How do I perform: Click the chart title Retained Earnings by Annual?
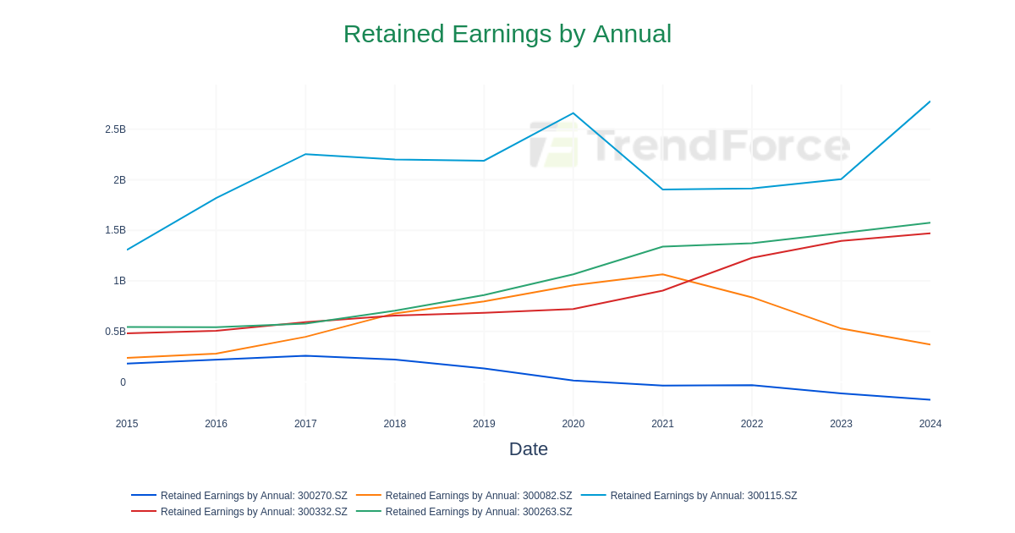pos(507,34)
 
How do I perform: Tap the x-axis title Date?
pos(528,449)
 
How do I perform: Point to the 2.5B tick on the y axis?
pos(115,129)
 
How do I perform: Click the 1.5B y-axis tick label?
pos(115,230)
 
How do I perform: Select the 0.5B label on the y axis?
pos(115,332)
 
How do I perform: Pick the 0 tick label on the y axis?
pos(123,382)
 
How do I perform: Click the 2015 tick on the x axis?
pos(127,424)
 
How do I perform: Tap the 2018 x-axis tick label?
pos(395,424)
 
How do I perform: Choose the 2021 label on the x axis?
pos(662,424)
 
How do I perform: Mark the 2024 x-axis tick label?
pos(930,424)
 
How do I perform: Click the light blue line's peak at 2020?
pos(573,113)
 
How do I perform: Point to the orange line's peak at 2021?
pos(662,274)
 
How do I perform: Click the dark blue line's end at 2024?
pos(930,399)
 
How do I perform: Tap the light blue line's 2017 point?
pos(305,154)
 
